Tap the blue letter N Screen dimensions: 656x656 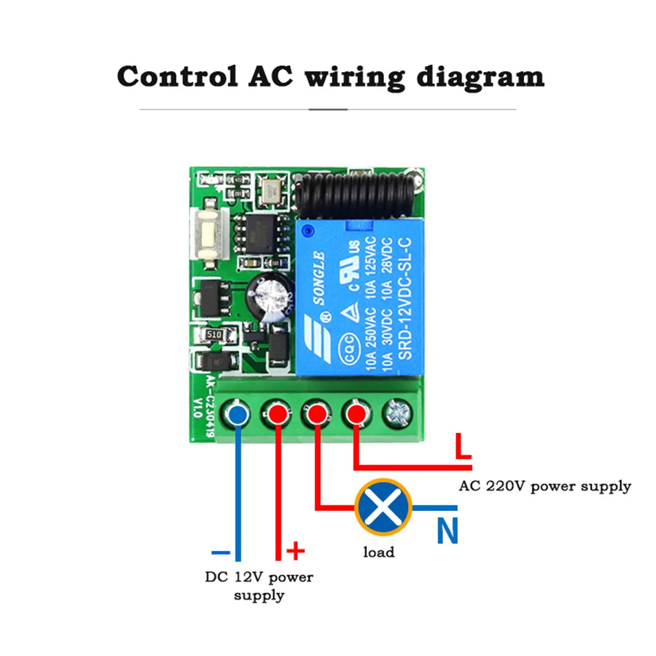click(x=447, y=531)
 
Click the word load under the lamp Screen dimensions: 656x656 click(x=379, y=552)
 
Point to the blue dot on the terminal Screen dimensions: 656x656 click(x=238, y=414)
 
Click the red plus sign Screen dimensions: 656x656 click(x=297, y=550)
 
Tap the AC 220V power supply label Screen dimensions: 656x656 click(x=544, y=486)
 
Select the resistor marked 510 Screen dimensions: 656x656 click(x=213, y=335)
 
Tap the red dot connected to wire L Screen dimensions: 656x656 click(x=356, y=414)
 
